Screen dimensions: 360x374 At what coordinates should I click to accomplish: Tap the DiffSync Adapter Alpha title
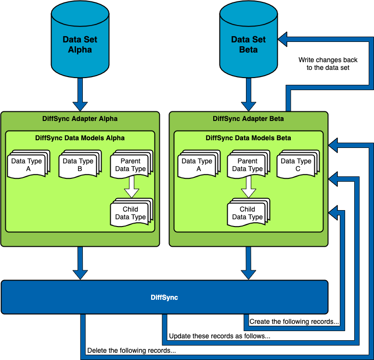pos(80,119)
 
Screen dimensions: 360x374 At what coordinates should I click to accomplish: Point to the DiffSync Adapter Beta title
pos(248,119)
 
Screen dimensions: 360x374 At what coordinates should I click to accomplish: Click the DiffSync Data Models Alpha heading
pos(80,138)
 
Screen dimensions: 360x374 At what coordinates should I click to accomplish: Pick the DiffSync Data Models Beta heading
pos(248,138)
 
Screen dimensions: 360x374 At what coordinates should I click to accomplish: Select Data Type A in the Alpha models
pos(28,165)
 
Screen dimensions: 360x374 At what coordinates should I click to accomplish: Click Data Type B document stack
pos(79,165)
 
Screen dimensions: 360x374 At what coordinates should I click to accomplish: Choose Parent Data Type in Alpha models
pos(130,165)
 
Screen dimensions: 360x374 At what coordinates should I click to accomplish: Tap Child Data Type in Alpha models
pos(130,213)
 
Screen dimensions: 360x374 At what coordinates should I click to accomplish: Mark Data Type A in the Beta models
pos(198,165)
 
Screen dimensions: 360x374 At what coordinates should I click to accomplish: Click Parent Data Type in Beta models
pos(247,165)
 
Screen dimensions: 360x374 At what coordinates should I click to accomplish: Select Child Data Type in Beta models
pos(247,213)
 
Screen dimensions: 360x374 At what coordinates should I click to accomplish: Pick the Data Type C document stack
pos(297,165)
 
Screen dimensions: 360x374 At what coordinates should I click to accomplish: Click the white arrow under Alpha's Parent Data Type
pos(131,187)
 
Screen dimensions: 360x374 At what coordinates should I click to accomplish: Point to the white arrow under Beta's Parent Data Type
pos(248,187)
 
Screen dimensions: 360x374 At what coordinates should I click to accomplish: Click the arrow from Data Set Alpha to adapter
pos(80,94)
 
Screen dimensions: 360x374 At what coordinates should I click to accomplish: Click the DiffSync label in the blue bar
pos(164,297)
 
